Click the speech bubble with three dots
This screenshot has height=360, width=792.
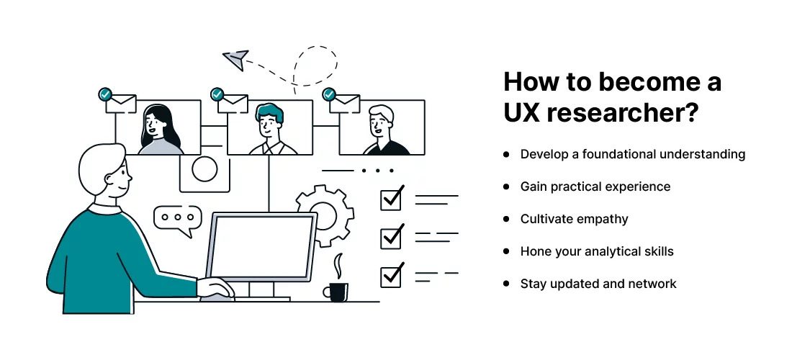pyautogui.click(x=177, y=218)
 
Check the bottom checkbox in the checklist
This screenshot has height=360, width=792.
pyautogui.click(x=391, y=275)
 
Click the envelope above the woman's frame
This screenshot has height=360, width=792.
pyautogui.click(x=121, y=104)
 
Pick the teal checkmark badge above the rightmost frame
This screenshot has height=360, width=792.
pyautogui.click(x=330, y=94)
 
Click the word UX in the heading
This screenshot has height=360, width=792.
pyautogui.click(x=524, y=114)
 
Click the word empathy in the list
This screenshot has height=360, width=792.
pyautogui.click(x=600, y=219)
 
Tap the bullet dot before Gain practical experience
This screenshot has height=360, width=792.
pyautogui.click(x=507, y=186)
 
